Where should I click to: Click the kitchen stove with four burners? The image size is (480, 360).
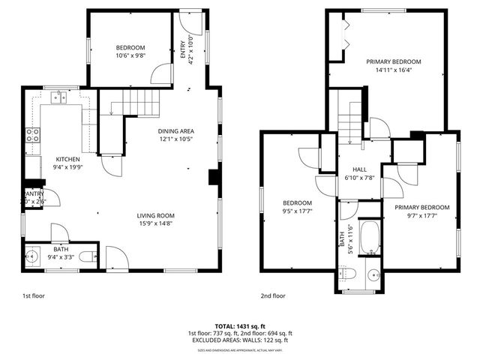(x=33, y=135)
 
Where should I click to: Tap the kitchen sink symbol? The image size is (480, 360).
(x=58, y=97)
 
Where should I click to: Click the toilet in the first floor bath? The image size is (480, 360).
(x=87, y=257)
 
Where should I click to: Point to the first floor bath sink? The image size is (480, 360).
(x=34, y=257)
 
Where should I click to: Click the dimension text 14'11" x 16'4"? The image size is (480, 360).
(x=394, y=70)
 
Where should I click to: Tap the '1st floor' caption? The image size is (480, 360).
(x=33, y=296)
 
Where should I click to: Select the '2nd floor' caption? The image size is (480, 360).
(x=274, y=296)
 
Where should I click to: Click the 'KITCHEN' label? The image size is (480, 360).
(x=67, y=159)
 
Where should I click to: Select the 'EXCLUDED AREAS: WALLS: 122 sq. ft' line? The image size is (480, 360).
(x=240, y=340)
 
